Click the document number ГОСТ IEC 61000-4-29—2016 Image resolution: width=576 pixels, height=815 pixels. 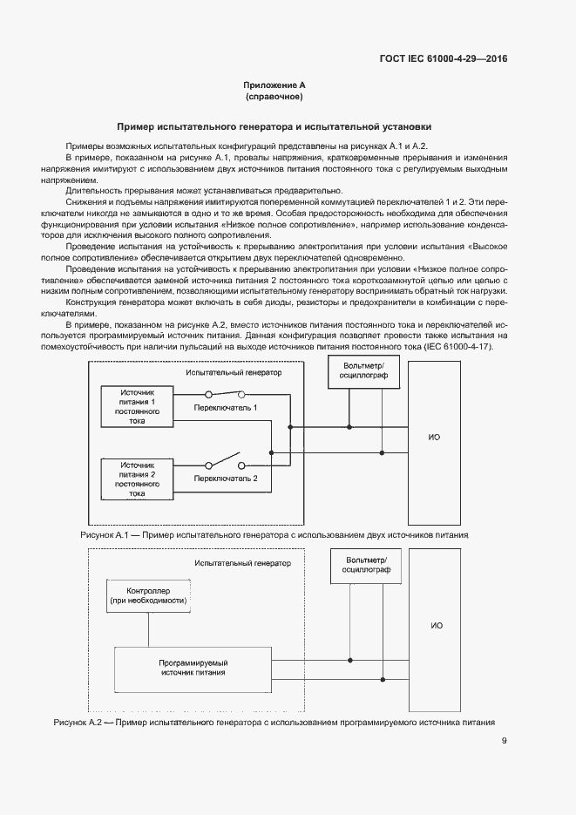click(443, 59)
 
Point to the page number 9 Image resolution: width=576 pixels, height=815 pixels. click(505, 741)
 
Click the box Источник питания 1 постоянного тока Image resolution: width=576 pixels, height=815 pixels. click(137, 406)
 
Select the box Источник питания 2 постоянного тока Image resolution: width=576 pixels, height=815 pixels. click(137, 479)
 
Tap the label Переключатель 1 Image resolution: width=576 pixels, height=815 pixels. click(226, 407)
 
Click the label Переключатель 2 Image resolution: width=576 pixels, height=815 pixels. click(226, 479)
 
